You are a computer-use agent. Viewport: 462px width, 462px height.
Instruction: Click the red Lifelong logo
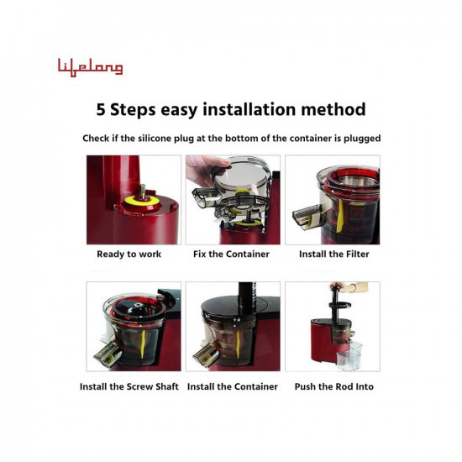point(90,67)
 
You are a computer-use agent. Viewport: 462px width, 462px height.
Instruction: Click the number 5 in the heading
point(102,110)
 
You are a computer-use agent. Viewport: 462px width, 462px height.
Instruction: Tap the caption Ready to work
point(128,254)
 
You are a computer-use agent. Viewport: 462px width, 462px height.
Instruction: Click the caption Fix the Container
point(231,254)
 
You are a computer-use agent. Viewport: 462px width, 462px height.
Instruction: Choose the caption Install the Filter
point(333,254)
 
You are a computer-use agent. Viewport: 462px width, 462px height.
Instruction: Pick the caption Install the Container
point(232,386)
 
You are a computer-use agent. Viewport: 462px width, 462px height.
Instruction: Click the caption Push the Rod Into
point(333,386)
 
